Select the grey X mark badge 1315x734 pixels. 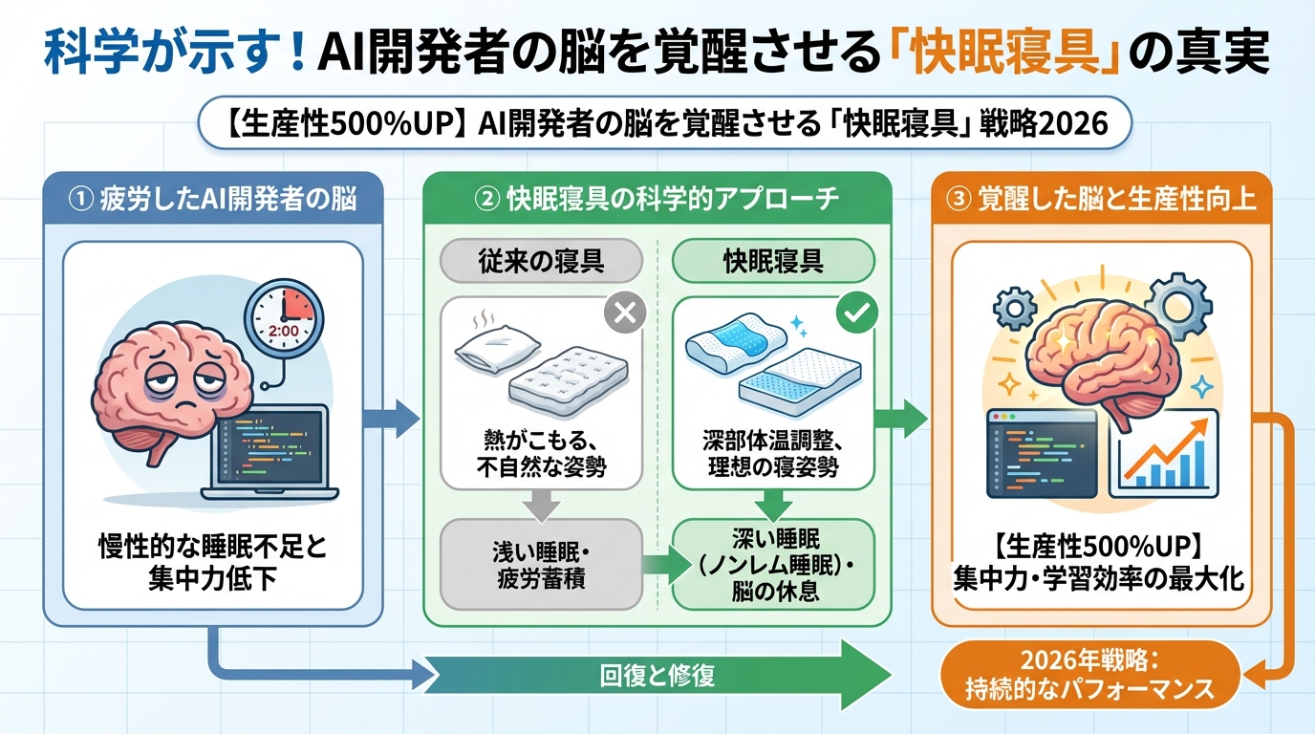click(626, 313)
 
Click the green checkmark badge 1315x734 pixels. click(854, 313)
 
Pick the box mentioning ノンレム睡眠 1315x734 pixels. click(774, 564)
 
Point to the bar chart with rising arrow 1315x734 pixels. click(1163, 453)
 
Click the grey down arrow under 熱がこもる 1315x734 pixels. click(541, 504)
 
